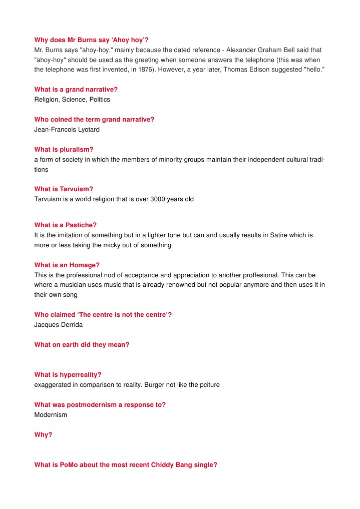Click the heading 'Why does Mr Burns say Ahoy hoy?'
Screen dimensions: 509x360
[91, 40]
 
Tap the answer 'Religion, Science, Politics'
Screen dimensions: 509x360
[72, 100]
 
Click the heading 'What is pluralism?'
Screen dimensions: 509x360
[64, 149]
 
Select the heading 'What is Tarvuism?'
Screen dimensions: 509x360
[64, 189]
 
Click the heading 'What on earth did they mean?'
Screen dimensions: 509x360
[82, 345]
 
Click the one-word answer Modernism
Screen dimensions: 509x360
[51, 415]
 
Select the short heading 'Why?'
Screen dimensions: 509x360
[43, 434]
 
